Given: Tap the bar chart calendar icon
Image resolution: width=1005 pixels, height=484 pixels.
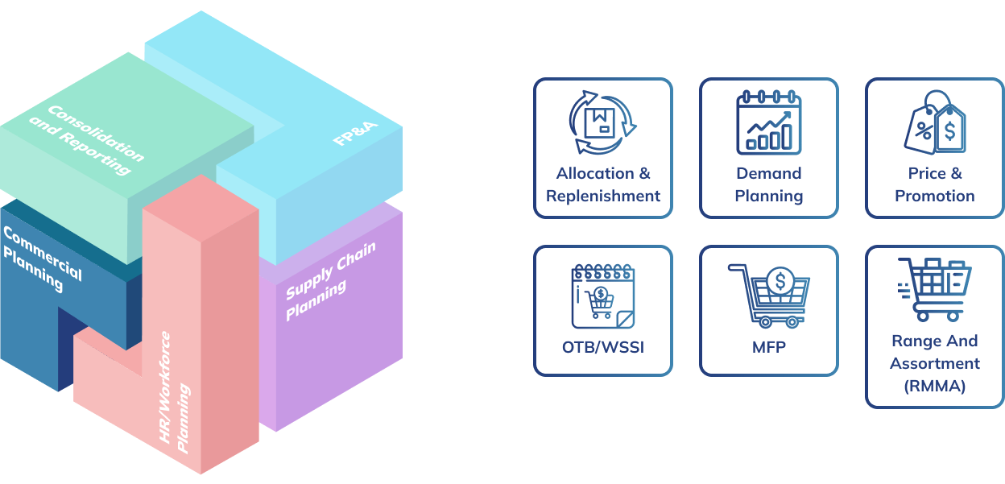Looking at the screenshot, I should [768, 122].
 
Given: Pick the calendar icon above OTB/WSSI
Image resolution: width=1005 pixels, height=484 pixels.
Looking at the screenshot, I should [602, 294].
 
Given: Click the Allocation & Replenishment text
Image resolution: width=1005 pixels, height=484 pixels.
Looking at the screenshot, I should [602, 184].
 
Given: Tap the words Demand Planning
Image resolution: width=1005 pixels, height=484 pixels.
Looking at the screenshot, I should [769, 184].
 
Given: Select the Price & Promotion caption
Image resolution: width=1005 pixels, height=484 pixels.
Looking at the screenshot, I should [935, 184].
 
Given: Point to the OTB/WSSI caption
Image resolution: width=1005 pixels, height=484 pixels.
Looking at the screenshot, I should [602, 349].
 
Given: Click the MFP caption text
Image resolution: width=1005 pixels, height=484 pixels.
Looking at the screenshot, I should [769, 349].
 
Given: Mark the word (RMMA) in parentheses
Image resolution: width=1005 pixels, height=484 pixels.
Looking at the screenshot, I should [935, 386].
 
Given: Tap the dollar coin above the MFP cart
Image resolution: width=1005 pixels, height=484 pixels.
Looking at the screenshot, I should [779, 281].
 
